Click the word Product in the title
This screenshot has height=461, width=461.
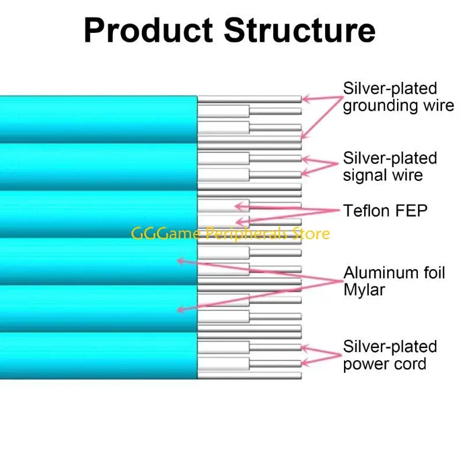pyautogui.click(x=149, y=30)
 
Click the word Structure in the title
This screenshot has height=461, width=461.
pyautogui.click(x=300, y=30)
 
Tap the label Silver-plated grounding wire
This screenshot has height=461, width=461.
pyautogui.click(x=398, y=97)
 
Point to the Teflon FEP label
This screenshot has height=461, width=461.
pyautogui.click(x=386, y=211)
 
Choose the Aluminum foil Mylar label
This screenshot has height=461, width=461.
pyautogui.click(x=394, y=281)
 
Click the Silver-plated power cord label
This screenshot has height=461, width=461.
pyautogui.click(x=390, y=356)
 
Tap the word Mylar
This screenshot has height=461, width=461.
pyautogui.click(x=364, y=290)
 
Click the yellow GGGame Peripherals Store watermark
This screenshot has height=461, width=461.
pyautogui.click(x=231, y=233)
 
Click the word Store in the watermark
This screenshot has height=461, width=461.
pyautogui.click(x=313, y=233)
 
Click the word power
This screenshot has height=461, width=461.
pyautogui.click(x=368, y=365)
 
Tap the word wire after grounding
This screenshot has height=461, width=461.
pyautogui.click(x=437, y=106)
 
